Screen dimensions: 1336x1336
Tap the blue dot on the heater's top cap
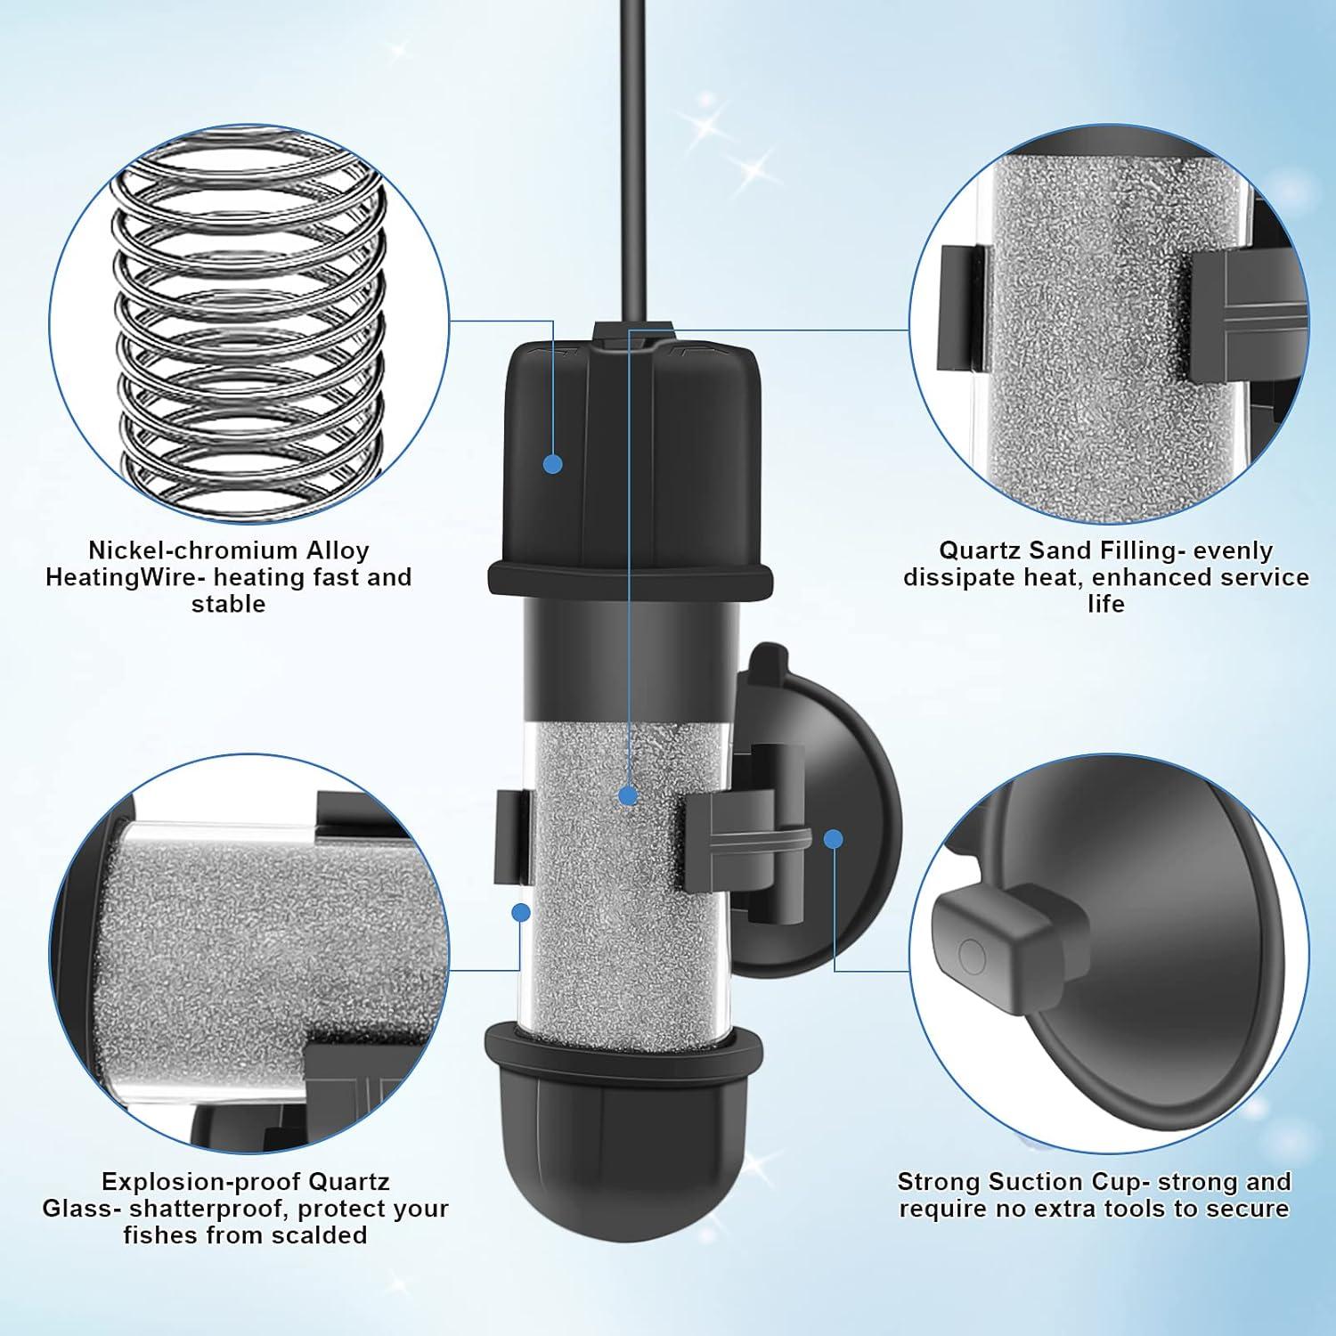[x=552, y=463]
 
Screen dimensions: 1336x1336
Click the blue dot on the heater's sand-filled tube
[x=629, y=795]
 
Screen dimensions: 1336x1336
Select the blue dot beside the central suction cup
[x=834, y=838]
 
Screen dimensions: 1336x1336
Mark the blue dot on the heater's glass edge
[x=521, y=911]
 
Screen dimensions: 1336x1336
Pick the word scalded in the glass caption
[x=320, y=1235]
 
